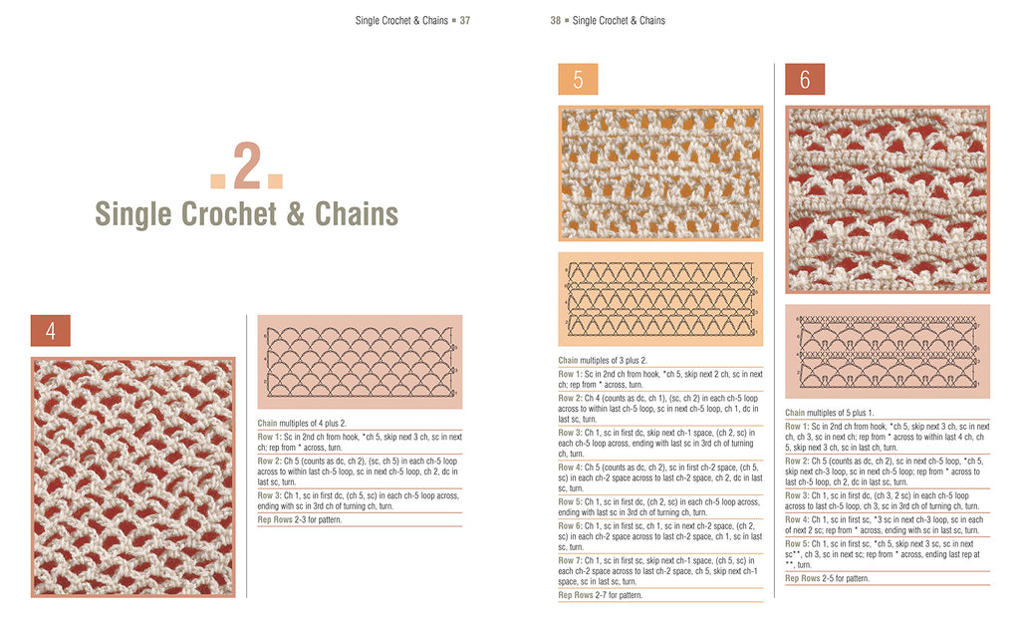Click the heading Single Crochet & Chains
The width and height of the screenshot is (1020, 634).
point(246,214)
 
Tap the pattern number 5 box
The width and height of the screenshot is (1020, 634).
point(578,81)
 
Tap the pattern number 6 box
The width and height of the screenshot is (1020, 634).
point(804,80)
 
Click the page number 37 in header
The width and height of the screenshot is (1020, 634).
point(464,20)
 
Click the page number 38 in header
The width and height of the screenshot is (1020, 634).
point(556,20)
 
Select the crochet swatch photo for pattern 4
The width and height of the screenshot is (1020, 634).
point(132,476)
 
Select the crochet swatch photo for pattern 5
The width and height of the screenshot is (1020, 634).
point(660,173)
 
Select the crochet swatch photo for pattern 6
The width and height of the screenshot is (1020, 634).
point(888,198)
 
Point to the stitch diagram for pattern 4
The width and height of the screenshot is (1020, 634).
point(360,362)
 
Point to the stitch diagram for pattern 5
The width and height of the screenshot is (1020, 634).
point(660,299)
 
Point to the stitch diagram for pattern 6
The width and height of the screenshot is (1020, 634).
point(888,351)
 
